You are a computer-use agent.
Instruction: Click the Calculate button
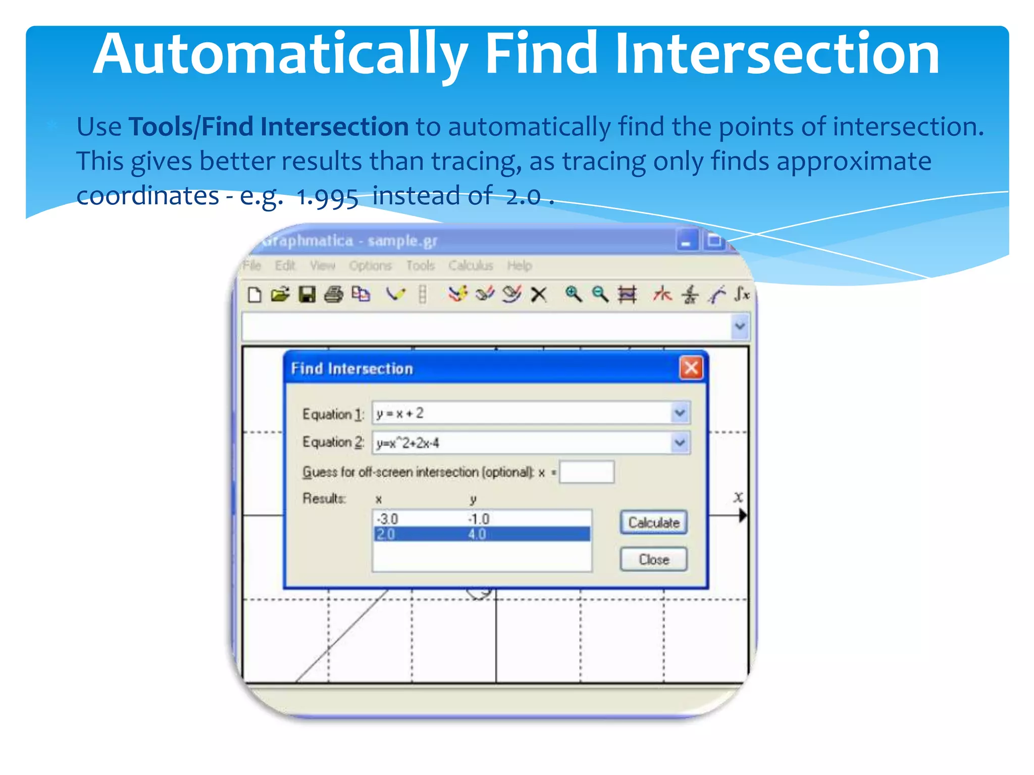point(653,522)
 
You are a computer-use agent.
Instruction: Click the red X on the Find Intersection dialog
point(691,368)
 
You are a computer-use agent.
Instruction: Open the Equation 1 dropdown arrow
point(680,413)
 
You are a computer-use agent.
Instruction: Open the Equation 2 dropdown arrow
point(680,443)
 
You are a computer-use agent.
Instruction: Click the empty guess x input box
point(587,472)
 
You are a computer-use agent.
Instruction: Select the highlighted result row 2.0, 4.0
point(481,534)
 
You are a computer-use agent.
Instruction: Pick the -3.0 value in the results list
point(388,519)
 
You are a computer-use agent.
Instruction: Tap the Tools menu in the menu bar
point(420,265)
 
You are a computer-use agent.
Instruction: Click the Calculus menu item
point(471,265)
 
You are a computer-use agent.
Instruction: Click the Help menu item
point(520,265)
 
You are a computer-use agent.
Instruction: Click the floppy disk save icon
point(307,294)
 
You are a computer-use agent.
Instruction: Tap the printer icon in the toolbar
point(333,294)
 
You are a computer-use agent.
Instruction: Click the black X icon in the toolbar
point(539,294)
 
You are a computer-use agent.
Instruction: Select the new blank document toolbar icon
point(255,294)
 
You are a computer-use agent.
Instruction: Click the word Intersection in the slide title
point(777,53)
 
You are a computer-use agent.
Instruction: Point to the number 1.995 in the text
point(327,197)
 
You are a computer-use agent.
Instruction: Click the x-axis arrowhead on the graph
point(743,516)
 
